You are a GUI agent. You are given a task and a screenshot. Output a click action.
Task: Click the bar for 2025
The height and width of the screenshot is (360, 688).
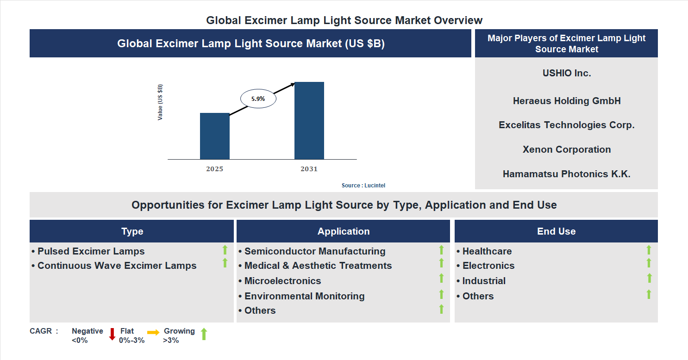[214, 136]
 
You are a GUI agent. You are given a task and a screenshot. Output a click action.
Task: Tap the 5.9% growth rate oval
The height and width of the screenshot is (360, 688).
[258, 99]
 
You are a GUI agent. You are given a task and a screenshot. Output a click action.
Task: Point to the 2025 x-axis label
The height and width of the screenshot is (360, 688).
[214, 169]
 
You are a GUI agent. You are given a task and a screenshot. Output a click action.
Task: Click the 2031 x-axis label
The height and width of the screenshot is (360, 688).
[309, 169]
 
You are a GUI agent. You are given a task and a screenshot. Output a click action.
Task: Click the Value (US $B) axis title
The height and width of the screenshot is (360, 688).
[160, 102]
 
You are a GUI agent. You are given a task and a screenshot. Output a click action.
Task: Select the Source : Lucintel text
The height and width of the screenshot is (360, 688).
[363, 186]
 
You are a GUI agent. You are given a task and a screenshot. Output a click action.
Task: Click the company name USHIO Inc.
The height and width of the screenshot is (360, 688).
[566, 73]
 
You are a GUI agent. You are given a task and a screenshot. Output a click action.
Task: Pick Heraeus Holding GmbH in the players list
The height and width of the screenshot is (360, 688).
[566, 101]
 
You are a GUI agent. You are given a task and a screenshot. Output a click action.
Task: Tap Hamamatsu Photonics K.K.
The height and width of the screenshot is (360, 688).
[566, 174]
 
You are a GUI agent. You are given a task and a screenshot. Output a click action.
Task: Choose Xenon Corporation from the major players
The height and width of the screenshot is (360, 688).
[566, 149]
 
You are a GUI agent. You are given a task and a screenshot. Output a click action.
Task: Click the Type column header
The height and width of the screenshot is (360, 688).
[132, 231]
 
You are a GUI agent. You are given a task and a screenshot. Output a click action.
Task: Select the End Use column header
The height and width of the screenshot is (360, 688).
[556, 231]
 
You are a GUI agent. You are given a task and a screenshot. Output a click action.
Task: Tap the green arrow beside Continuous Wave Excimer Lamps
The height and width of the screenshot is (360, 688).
[225, 263]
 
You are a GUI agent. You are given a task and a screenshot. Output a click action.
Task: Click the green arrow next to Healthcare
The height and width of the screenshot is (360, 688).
[649, 250]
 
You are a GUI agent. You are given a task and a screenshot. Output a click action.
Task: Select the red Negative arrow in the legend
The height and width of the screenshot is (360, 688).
[112, 334]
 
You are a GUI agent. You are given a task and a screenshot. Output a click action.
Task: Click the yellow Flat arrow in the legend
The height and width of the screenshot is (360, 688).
[153, 332]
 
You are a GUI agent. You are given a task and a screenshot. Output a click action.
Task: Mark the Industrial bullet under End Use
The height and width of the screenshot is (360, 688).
[483, 281]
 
